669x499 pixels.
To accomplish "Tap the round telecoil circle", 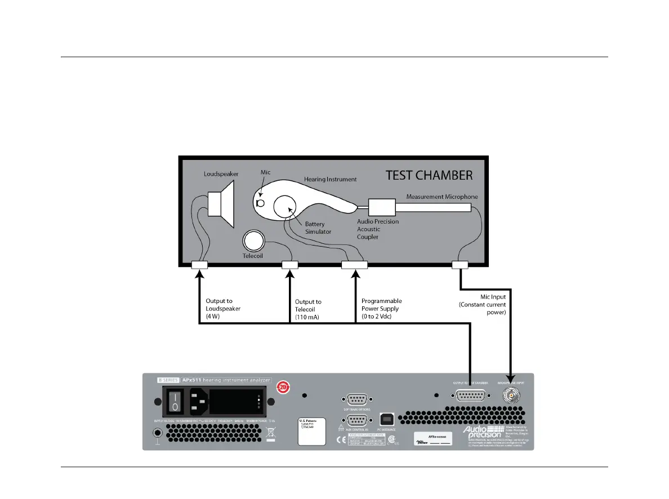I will [x=253, y=242].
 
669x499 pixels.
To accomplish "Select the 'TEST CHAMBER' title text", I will [x=429, y=175].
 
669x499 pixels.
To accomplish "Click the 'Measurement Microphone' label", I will [x=443, y=197].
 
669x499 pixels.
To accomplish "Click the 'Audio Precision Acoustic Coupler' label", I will [x=378, y=229].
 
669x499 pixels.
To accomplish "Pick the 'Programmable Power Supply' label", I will [x=382, y=309].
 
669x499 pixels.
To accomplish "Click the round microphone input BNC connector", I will [x=510, y=396].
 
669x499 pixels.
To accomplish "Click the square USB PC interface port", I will [x=387, y=419].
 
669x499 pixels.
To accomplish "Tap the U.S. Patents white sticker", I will [x=312, y=431].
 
